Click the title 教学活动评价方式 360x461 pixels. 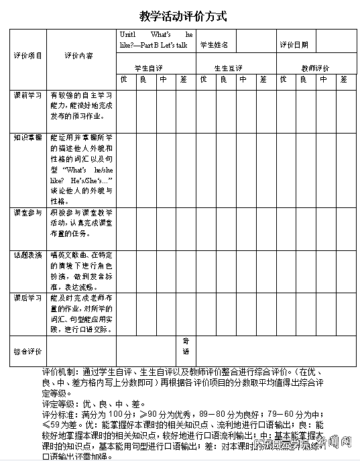[179, 16]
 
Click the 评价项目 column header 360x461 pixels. [27, 56]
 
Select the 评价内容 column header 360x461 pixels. [79, 56]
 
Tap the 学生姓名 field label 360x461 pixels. [215, 45]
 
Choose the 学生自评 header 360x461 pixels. [148, 68]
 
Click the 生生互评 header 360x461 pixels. [229, 68]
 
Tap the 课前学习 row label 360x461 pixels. [27, 95]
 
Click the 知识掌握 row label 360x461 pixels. [27, 137]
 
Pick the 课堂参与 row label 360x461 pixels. [27, 213]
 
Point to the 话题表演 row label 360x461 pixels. [27, 255]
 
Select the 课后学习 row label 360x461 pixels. [27, 297]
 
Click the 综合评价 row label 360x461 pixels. [27, 351]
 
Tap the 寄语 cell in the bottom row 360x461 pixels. [186, 346]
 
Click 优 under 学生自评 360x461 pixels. [123, 80]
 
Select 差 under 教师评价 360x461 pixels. [343, 80]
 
